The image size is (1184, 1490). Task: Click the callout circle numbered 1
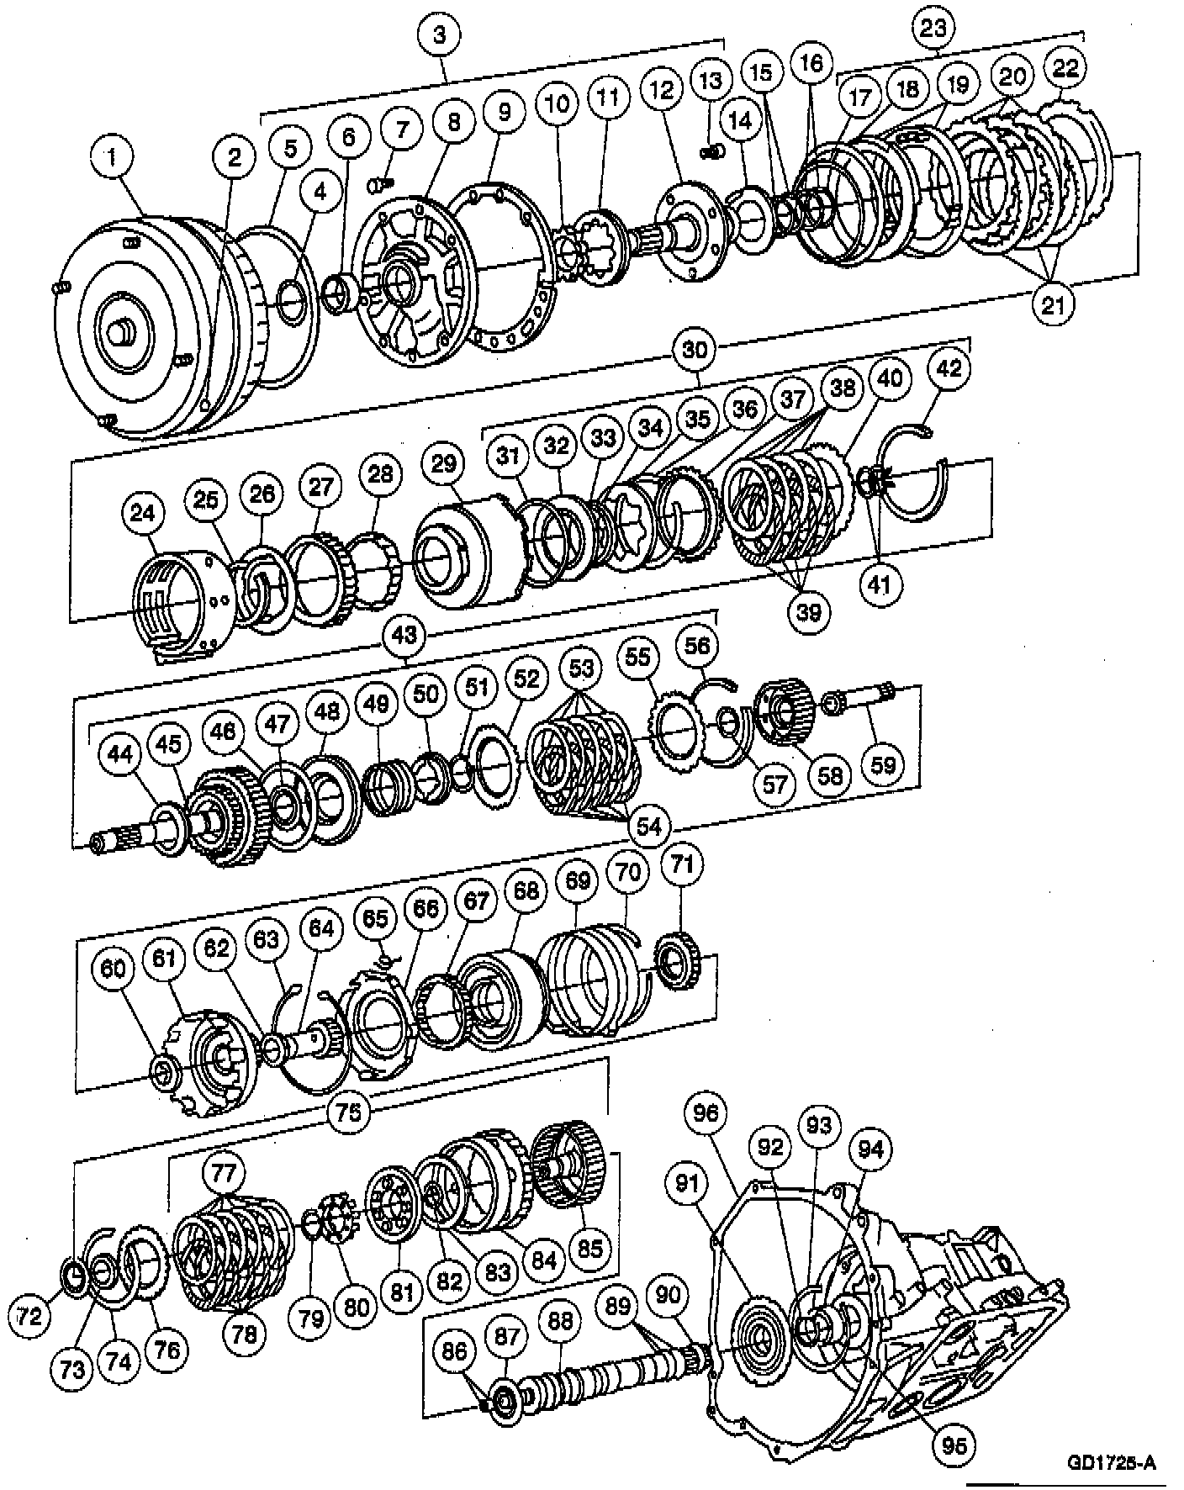click(113, 156)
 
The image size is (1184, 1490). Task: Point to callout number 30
click(695, 350)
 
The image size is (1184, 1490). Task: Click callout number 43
click(404, 635)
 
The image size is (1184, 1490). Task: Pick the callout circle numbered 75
click(348, 1112)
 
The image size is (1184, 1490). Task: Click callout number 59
click(883, 763)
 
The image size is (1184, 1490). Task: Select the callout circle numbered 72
click(30, 1339)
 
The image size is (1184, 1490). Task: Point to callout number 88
click(560, 1321)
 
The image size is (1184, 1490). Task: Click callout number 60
click(113, 969)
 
